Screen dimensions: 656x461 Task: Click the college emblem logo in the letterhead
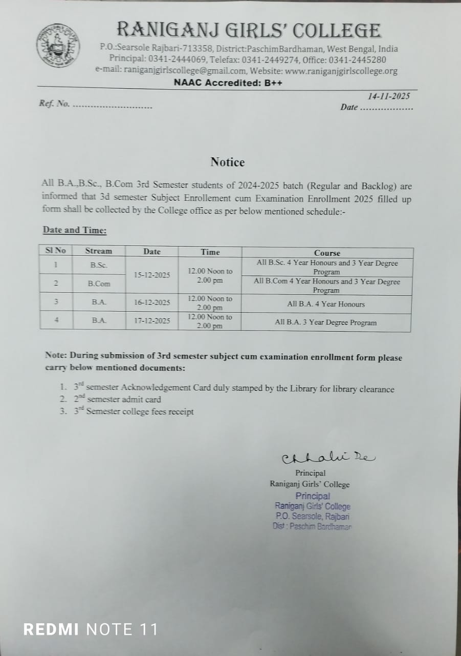[58, 45]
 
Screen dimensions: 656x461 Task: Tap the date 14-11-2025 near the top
[388, 96]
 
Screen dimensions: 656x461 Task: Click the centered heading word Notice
[228, 162]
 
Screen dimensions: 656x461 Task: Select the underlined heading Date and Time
[75, 230]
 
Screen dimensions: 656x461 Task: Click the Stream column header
[98, 251]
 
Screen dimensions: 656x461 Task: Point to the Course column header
[327, 253]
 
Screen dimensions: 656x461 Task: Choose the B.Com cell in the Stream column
[99, 283]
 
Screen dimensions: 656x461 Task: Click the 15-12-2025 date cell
[152, 275]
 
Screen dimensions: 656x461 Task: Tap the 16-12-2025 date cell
[152, 302]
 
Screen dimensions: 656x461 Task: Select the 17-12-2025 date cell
[152, 321]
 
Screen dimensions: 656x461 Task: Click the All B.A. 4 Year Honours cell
[326, 304]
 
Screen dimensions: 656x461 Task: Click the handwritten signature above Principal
[327, 457]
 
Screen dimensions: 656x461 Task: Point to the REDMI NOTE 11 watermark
[91, 629]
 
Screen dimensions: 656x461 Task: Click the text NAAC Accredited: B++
[228, 83]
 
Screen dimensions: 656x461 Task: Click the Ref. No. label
[54, 104]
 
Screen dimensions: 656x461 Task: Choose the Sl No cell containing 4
[56, 320]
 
